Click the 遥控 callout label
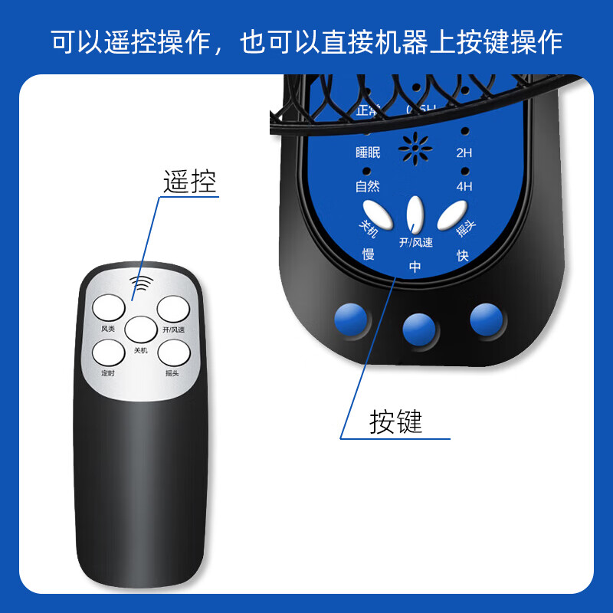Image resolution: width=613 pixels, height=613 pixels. click(x=190, y=182)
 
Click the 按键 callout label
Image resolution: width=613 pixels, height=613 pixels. click(x=396, y=421)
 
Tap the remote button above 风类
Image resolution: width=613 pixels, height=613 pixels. click(x=108, y=309)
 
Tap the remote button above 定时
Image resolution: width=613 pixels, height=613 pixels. click(x=108, y=353)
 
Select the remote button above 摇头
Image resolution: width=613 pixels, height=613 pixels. click(x=173, y=352)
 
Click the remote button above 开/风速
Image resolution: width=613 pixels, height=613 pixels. click(x=173, y=309)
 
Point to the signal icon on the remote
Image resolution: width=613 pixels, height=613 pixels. click(x=141, y=284)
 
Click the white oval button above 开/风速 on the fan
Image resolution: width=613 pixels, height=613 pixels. click(x=415, y=215)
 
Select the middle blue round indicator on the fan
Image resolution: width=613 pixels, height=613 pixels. click(x=419, y=327)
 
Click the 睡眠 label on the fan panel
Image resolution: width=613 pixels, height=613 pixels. click(x=368, y=152)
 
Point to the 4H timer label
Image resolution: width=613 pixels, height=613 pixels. click(x=464, y=185)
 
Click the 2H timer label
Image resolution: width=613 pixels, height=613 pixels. click(x=464, y=152)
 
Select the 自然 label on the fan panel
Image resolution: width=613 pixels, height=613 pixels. click(x=368, y=185)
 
